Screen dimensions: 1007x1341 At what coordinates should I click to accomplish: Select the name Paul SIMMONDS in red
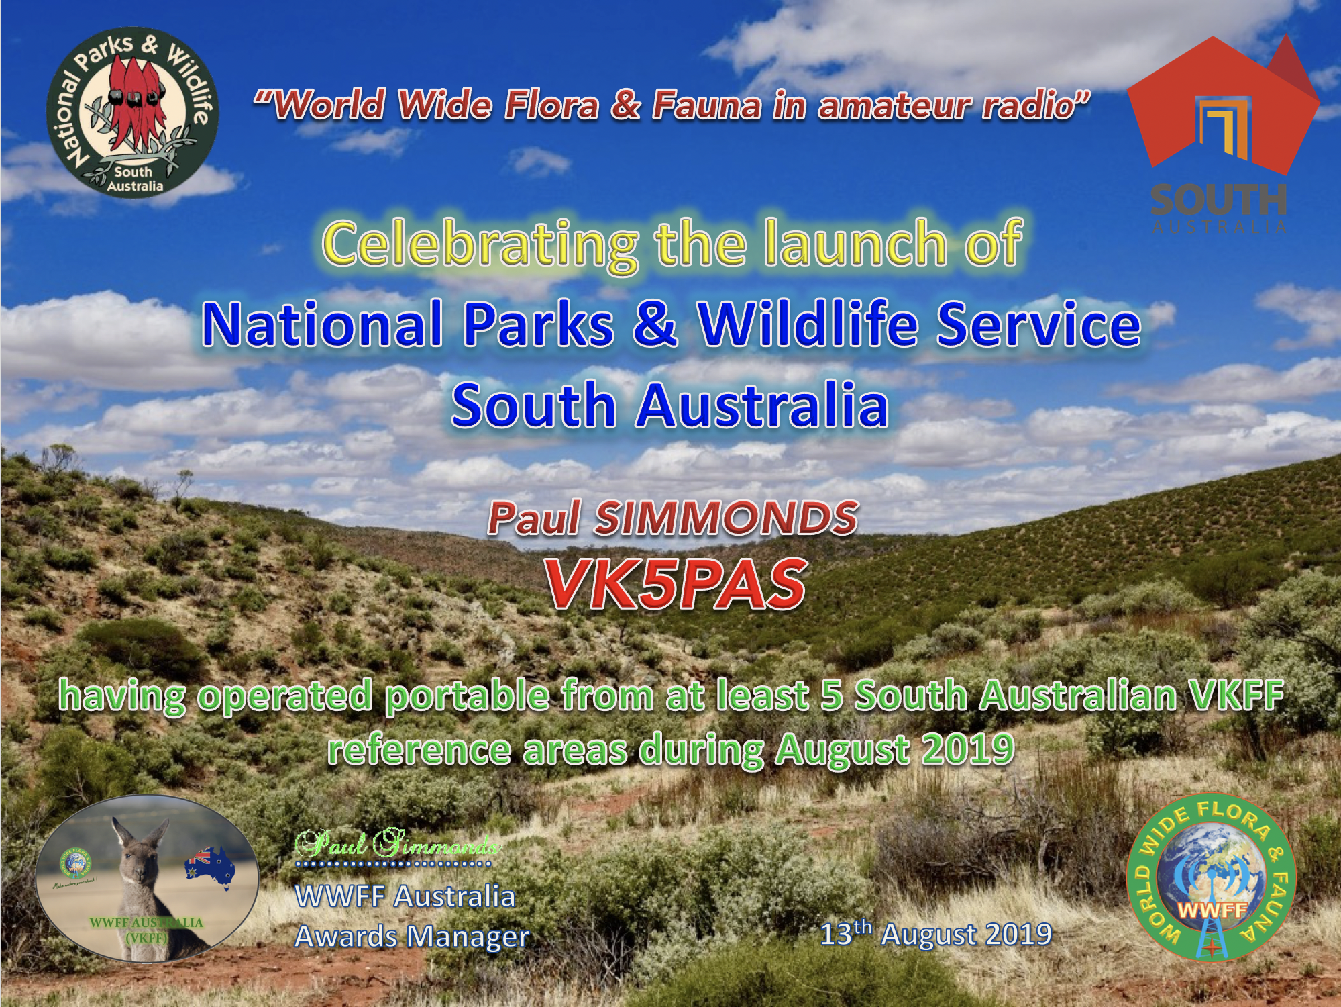point(673,519)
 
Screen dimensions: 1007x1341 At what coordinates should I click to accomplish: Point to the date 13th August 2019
point(936,934)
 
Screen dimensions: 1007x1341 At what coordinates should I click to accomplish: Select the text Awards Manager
point(412,937)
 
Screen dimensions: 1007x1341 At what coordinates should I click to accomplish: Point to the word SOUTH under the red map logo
point(1218,199)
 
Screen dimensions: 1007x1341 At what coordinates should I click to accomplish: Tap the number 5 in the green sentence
point(831,696)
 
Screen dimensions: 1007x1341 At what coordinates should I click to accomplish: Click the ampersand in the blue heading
point(655,325)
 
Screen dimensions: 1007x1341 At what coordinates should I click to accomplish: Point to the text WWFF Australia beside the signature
point(405,896)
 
